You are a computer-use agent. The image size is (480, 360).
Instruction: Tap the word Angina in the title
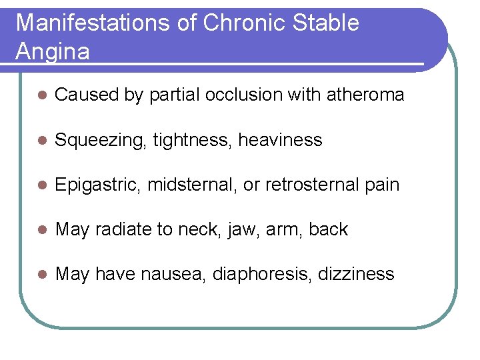coord(53,51)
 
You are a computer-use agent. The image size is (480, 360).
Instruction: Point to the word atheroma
coord(365,95)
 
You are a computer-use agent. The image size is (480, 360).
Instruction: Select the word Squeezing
coord(101,141)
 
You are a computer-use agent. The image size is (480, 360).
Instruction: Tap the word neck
coord(196,229)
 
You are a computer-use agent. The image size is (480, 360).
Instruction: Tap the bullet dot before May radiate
coord(41,230)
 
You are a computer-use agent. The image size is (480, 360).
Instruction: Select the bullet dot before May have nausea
coord(41,275)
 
